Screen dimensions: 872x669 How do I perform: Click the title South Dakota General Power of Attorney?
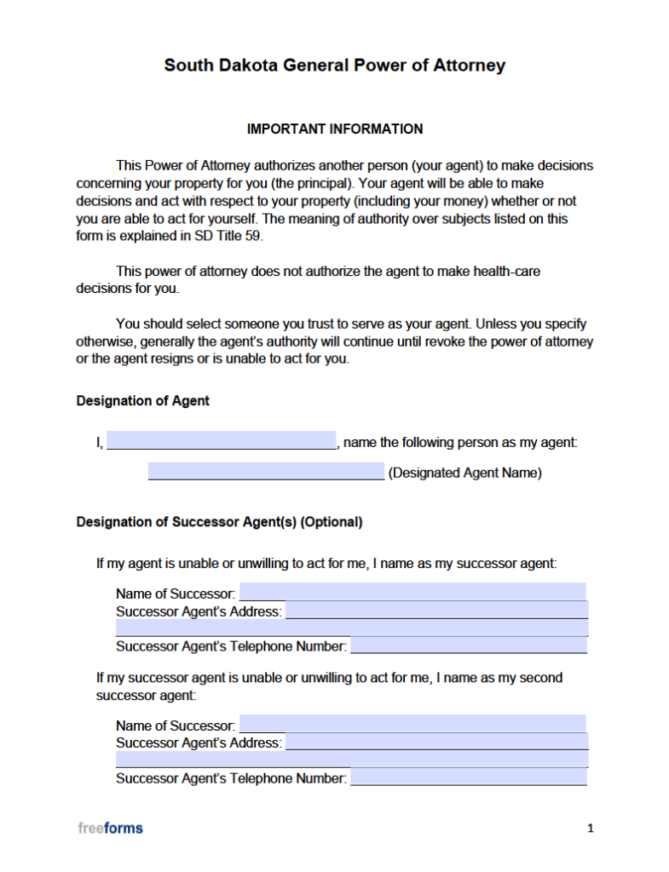point(334,66)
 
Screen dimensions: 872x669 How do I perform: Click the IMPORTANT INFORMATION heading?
point(334,129)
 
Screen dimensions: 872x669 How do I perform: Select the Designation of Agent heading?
point(142,400)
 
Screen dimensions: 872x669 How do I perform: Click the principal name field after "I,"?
point(222,441)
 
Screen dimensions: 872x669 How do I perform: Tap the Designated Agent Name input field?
point(266,472)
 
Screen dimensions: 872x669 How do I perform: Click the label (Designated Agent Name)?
point(464,473)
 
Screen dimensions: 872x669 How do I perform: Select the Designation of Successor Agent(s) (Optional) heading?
point(219,522)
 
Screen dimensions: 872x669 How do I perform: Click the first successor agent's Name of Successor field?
point(412,592)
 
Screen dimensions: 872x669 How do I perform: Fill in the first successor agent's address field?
point(436,611)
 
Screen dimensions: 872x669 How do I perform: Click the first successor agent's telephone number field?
point(469,645)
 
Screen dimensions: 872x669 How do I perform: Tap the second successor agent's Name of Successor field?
point(412,724)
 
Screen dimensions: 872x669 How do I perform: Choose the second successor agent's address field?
point(436,743)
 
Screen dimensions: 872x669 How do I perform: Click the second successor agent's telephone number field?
point(469,777)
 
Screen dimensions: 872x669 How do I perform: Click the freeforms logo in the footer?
point(110,828)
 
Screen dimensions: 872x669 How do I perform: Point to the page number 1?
point(590,828)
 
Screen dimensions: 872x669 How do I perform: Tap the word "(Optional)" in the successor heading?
point(332,522)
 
